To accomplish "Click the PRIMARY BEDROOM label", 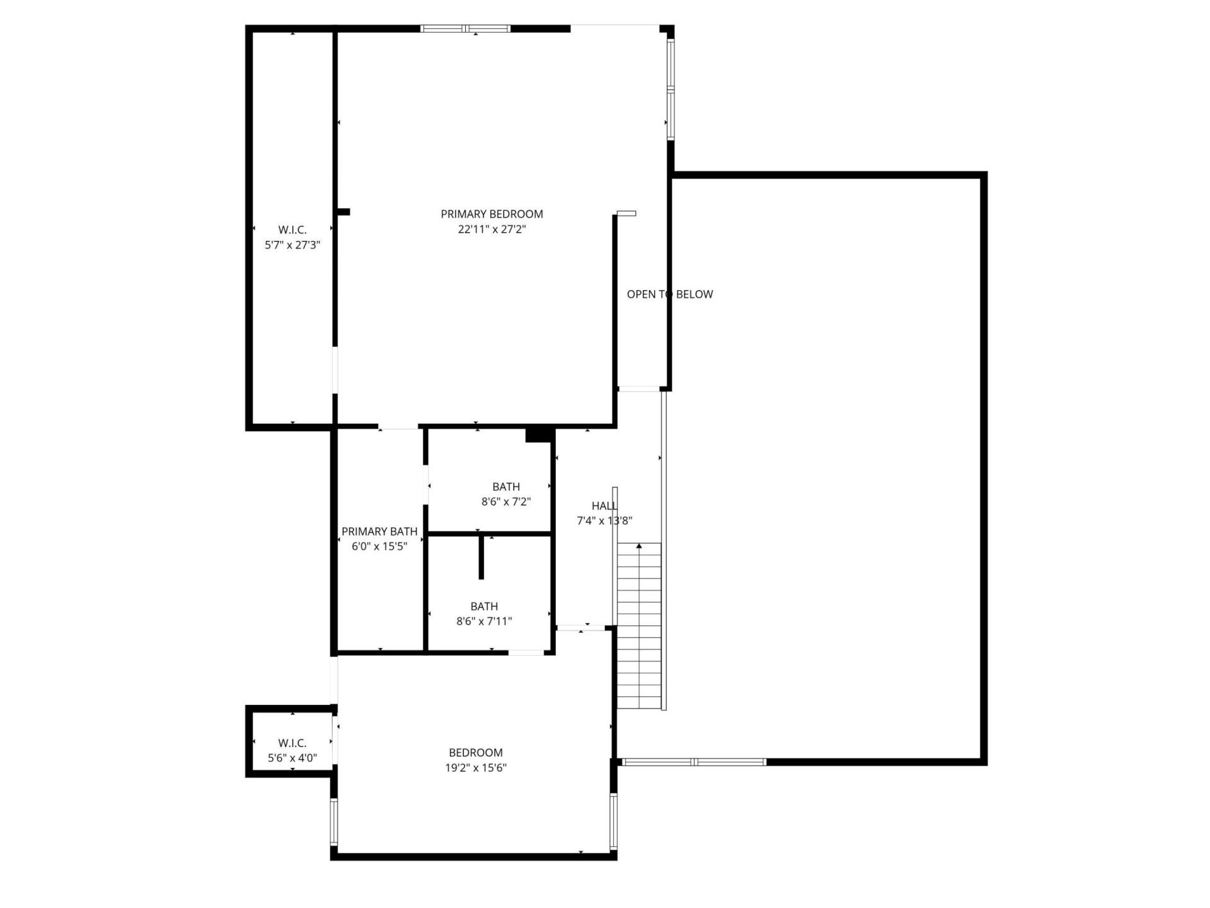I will (x=492, y=214).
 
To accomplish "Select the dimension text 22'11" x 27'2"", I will (x=492, y=230).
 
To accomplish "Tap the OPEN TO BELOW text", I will (x=669, y=294).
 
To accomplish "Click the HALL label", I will (x=604, y=506).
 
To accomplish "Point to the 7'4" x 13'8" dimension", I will (x=604, y=521).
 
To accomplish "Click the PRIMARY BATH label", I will (x=379, y=532).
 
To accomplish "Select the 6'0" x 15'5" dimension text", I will (x=379, y=547).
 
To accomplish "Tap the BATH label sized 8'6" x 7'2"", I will (x=506, y=487).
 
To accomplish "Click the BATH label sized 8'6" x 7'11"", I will (x=484, y=607).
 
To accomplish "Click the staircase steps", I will (x=639, y=631).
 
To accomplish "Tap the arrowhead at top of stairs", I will (x=639, y=546).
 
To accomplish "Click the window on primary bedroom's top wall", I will (x=465, y=28).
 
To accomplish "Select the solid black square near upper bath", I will (x=538, y=435).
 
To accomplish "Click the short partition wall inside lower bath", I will (x=481, y=557).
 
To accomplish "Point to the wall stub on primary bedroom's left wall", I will (x=343, y=212).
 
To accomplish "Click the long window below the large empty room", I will (x=693, y=762).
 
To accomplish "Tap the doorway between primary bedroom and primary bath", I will (x=398, y=428).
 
